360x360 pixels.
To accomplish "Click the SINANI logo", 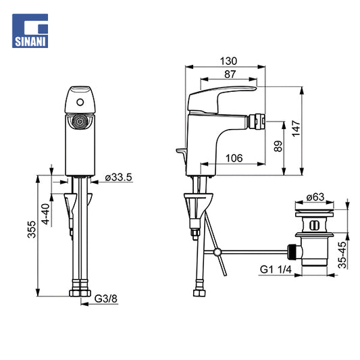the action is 30,31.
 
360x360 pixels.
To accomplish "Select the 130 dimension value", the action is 228,61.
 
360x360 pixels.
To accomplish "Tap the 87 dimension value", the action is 230,74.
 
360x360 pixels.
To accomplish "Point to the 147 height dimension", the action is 297,128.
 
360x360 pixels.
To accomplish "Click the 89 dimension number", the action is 278,146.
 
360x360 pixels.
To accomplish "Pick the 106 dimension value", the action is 234,158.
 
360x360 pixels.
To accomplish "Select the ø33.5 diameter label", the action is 118,177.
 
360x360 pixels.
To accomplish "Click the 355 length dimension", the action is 32,230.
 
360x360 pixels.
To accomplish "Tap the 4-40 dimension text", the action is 46,214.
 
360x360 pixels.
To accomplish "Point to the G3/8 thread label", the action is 106,299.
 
